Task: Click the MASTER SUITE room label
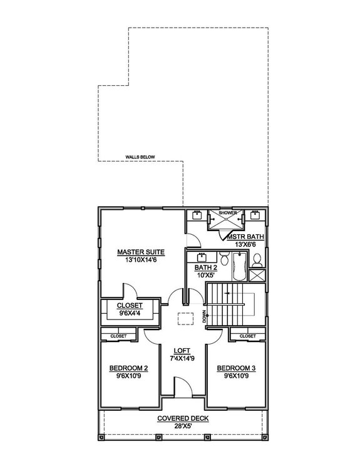(x=136, y=252)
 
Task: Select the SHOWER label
(x=227, y=213)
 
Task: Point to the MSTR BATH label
(x=245, y=236)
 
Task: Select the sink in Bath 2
(x=202, y=257)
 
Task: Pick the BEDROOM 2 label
(x=128, y=368)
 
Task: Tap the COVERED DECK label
(x=182, y=419)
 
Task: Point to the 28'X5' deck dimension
(x=182, y=427)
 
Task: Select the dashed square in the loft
(x=184, y=318)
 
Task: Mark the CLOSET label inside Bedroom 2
(x=118, y=336)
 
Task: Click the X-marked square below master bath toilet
(x=257, y=275)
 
